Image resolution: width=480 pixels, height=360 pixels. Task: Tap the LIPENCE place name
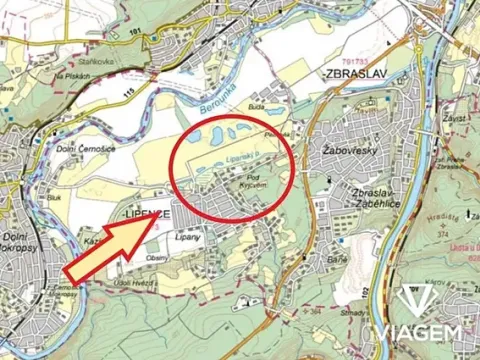pyautogui.click(x=144, y=215)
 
